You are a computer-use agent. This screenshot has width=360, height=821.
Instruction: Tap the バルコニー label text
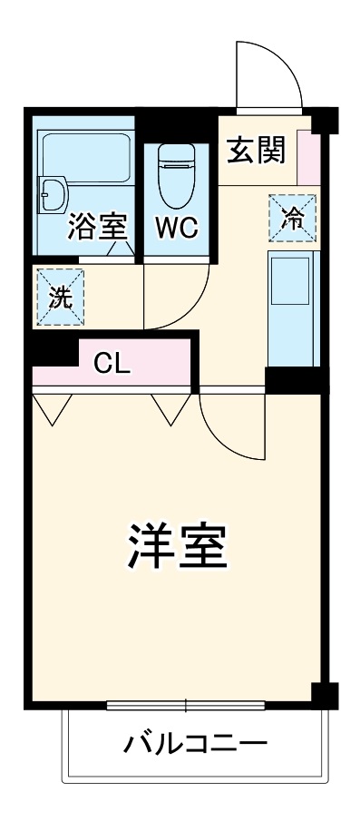pos(195,746)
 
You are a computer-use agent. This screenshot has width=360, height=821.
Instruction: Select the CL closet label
pos(113,364)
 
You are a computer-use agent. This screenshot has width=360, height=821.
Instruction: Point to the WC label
pos(176,227)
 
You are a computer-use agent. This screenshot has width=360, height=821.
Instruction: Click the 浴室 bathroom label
pos(95,227)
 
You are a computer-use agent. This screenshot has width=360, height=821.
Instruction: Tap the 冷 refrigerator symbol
pos(293,219)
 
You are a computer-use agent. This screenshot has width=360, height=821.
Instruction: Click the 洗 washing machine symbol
pos(59,298)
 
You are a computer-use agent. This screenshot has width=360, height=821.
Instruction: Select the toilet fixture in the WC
pos(176,178)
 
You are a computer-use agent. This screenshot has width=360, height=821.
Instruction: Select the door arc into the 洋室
pos(227,426)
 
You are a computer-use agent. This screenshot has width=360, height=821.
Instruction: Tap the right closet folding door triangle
pos(169,408)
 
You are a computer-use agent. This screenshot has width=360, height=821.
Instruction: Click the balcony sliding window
pos(186,705)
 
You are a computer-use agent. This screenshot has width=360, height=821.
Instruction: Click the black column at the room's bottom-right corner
pos(323,694)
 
